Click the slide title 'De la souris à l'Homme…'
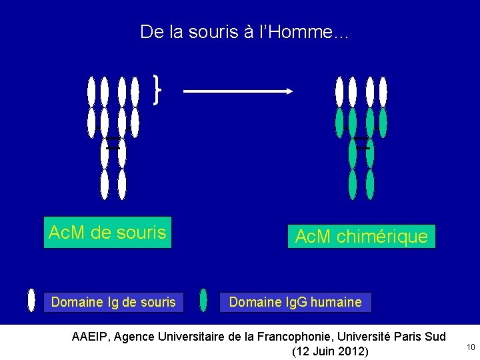click(x=243, y=31)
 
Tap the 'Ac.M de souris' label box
click(x=107, y=232)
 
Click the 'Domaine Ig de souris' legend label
click(x=113, y=302)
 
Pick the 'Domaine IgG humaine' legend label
click(x=295, y=302)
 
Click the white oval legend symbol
click(x=31, y=301)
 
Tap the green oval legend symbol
click(x=204, y=301)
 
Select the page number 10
click(x=471, y=347)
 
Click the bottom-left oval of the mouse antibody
click(x=105, y=184)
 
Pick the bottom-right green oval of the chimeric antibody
click(x=370, y=185)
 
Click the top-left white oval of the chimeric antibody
click(x=340, y=92)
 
